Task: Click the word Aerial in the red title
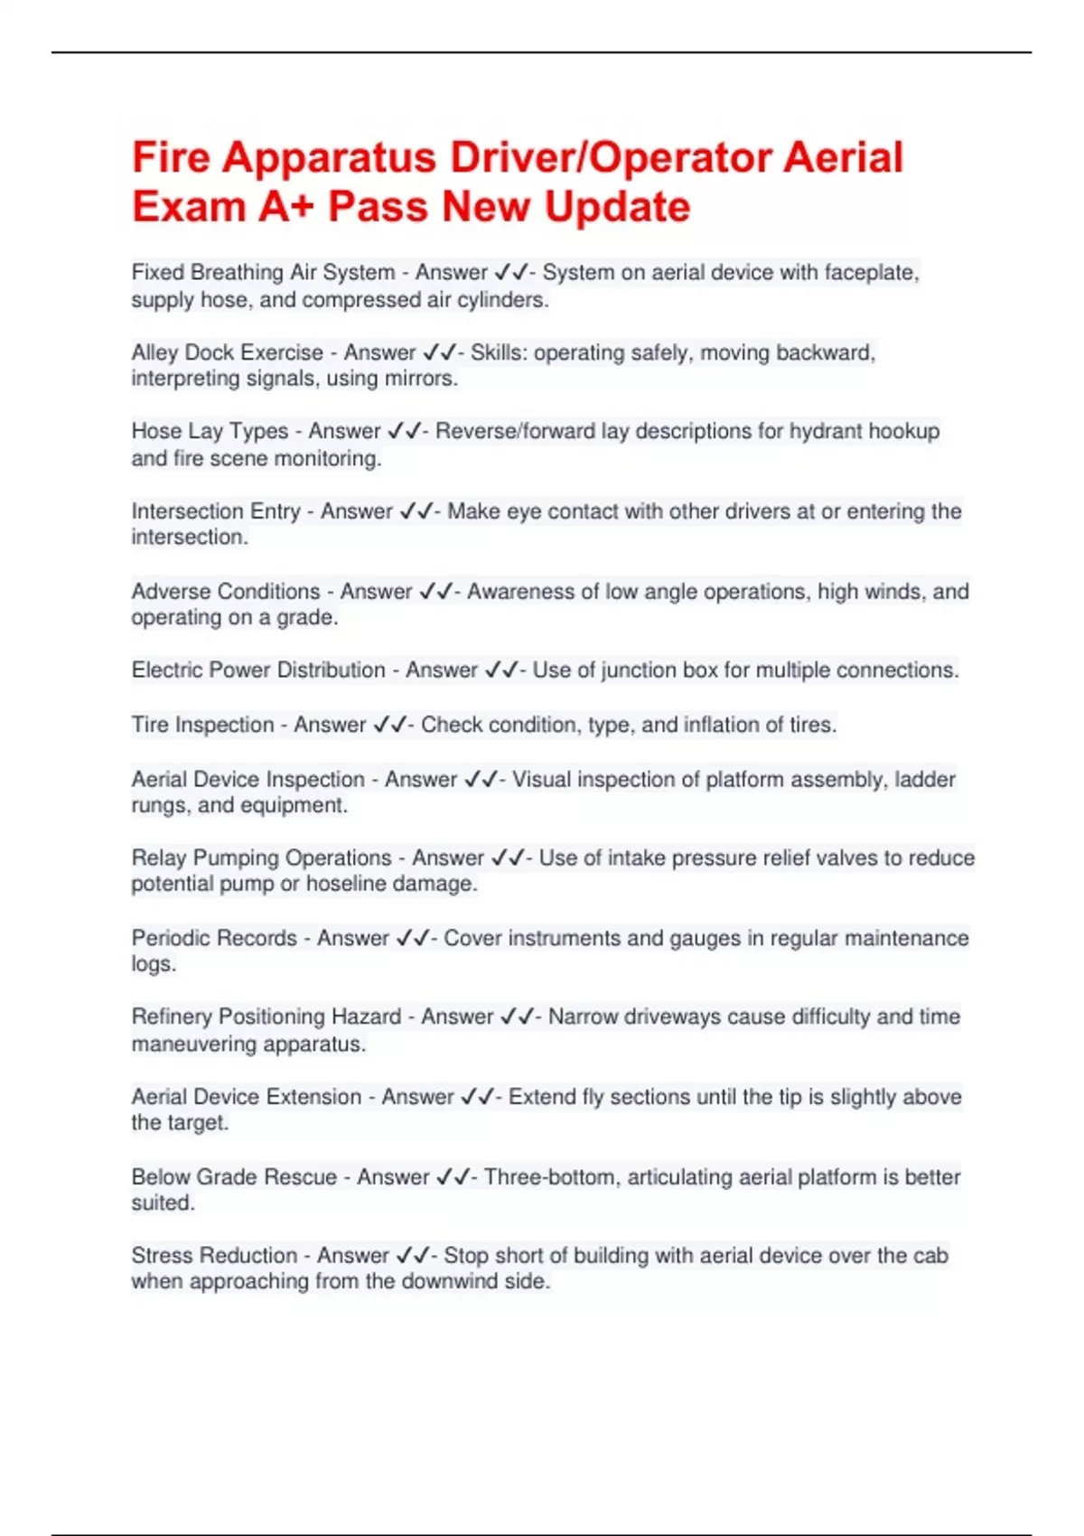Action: tap(842, 157)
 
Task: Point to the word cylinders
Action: tap(502, 300)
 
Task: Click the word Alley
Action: tap(154, 352)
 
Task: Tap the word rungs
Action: tap(157, 805)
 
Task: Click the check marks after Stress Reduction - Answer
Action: tap(412, 1256)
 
